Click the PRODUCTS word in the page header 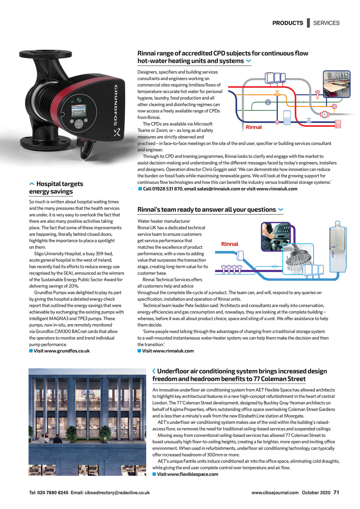tap(288, 23)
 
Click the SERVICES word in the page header tap(326, 23)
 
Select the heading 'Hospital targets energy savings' tap(56, 188)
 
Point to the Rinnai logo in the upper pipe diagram tap(254, 127)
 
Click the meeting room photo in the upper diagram tap(336, 84)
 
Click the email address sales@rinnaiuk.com tap(218, 189)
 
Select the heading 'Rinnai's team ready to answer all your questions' tap(207, 210)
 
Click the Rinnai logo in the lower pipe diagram tap(230, 244)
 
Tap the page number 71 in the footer tap(336, 492)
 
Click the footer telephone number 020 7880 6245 tap(53, 492)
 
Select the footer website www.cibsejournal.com tap(275, 492)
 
